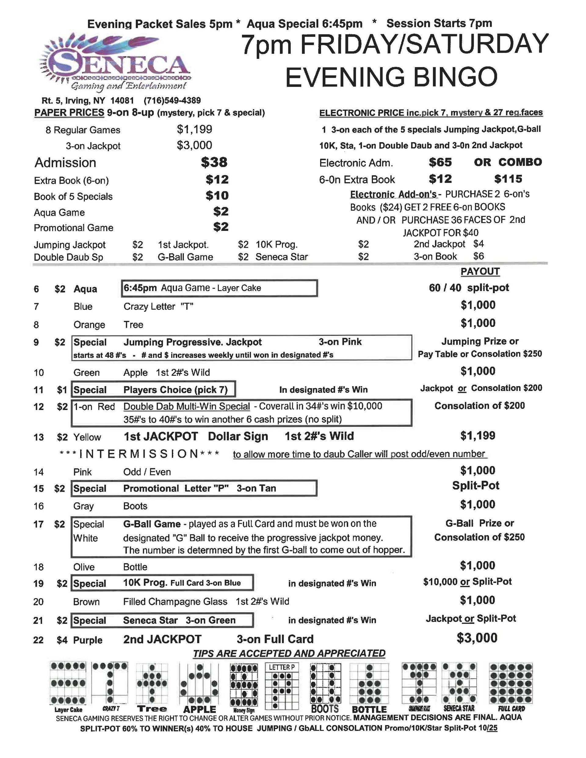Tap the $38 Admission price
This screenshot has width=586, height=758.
click(x=214, y=162)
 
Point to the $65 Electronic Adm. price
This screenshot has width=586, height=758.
click(x=440, y=162)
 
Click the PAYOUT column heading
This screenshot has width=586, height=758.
click(x=480, y=271)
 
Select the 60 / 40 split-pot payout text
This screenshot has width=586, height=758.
click(x=468, y=288)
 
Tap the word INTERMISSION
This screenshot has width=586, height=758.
click(x=139, y=454)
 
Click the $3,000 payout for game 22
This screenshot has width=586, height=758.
click(x=477, y=638)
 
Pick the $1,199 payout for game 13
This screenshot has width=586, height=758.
click(x=478, y=436)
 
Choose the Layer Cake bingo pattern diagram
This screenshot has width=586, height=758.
click(x=68, y=683)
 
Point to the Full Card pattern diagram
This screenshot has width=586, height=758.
click(x=511, y=683)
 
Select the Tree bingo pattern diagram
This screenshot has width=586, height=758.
click(x=152, y=683)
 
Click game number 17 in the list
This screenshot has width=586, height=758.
click(x=38, y=524)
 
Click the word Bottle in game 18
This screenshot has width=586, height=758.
click(x=135, y=567)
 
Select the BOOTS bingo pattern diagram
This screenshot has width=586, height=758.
click(x=325, y=683)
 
